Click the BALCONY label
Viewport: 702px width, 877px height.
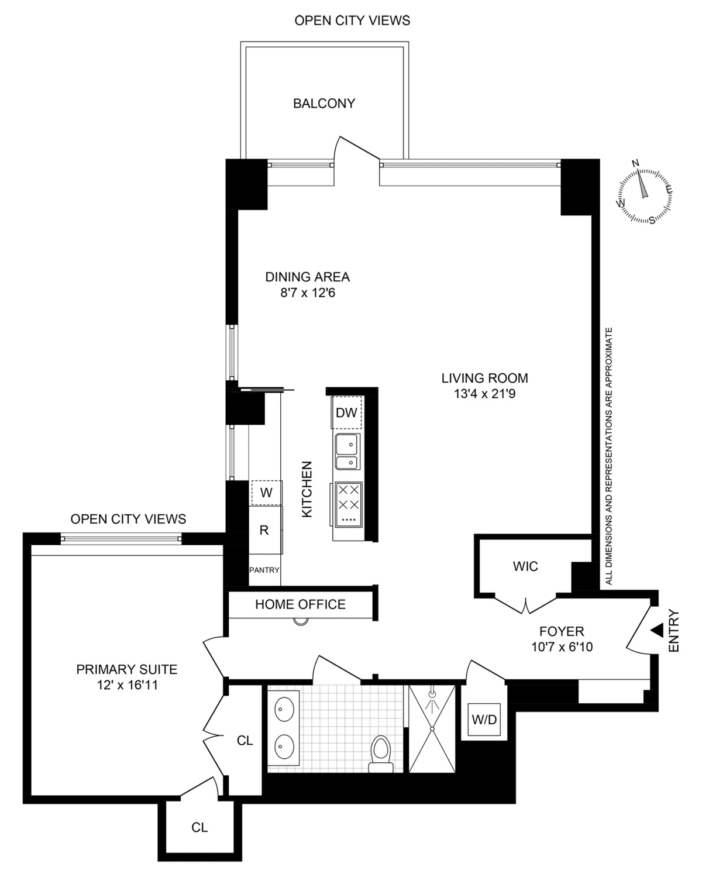coord(324,104)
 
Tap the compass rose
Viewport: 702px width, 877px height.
coord(644,193)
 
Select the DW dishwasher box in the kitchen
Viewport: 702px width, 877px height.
coord(346,412)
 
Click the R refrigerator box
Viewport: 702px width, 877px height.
coord(264,530)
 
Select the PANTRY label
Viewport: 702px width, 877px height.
coord(264,570)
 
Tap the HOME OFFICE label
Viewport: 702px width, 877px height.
coord(300,604)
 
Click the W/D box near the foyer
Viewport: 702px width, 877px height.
coord(484,720)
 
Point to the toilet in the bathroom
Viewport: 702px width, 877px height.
coord(380,752)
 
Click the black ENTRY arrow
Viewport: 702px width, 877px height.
coord(657,631)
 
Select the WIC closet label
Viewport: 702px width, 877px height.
coord(525,566)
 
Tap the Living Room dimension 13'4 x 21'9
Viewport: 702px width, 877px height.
coord(484,394)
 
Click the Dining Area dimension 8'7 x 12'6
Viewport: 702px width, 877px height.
coord(307,292)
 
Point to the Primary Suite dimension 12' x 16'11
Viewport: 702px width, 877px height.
coord(127,685)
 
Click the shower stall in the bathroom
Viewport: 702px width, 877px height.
coord(432,728)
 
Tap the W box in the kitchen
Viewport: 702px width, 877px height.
coord(266,493)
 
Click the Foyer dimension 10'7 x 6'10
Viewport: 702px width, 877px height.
coord(561,647)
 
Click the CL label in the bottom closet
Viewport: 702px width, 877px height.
coord(199,827)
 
